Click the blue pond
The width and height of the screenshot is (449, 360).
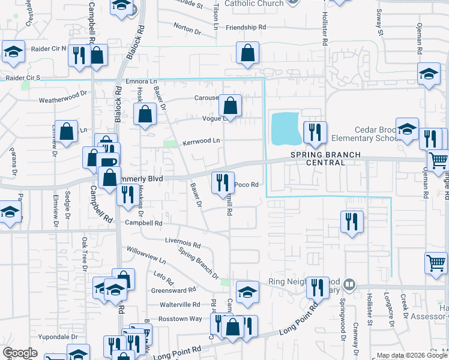286,129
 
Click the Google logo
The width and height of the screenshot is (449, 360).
20,353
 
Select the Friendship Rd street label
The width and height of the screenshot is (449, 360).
246,28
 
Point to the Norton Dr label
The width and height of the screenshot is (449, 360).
187,28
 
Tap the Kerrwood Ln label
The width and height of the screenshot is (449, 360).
201,140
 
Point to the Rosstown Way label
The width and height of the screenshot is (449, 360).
179,319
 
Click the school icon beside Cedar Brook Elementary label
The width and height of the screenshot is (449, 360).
407,129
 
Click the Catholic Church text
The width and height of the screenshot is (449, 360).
253,4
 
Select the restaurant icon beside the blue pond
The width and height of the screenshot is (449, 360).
315,131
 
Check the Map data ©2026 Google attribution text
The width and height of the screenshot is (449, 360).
412,355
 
